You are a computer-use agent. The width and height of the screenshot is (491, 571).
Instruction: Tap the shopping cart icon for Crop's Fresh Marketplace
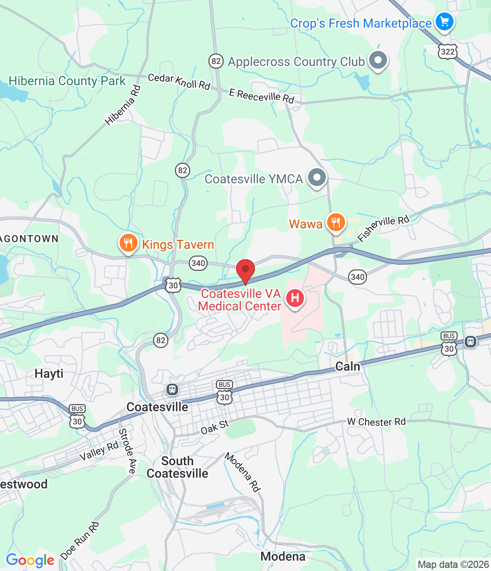tap(444, 21)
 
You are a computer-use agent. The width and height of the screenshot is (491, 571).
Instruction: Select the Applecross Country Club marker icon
tap(378, 60)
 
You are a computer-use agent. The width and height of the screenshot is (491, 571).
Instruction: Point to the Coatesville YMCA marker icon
tap(317, 178)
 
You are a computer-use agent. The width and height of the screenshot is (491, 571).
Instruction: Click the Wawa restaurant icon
tap(336, 222)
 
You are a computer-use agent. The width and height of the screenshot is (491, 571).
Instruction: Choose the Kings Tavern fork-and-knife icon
tap(128, 243)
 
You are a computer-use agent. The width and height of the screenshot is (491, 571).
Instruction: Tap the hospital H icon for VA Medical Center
tap(295, 298)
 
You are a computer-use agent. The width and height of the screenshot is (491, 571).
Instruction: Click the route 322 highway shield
tap(447, 52)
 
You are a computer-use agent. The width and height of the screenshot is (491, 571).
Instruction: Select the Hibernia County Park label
tap(67, 81)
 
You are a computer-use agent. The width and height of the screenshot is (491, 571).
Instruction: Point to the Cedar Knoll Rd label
tap(179, 81)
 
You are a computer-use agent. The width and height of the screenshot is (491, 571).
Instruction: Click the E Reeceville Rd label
tap(262, 95)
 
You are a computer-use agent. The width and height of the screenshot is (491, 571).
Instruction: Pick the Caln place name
tap(347, 367)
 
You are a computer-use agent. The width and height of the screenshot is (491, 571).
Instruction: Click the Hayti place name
tap(49, 373)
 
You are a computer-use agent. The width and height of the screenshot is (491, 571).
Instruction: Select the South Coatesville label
tap(178, 467)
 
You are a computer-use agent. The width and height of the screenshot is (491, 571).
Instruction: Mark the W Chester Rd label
tap(376, 422)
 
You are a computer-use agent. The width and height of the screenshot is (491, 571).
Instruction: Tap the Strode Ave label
tap(127, 451)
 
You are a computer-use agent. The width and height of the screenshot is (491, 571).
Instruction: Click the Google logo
tap(30, 560)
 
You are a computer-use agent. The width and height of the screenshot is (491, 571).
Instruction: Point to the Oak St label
tap(215, 427)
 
